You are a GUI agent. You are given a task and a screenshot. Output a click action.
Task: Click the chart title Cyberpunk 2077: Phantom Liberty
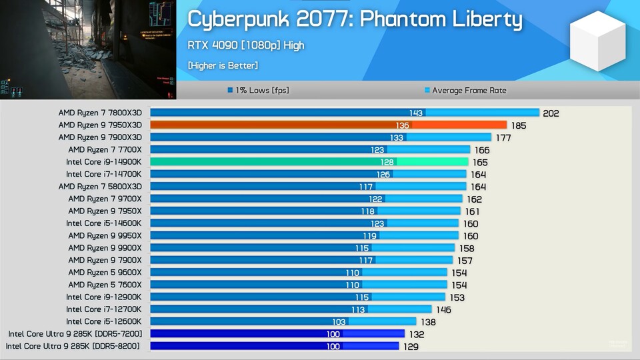(354, 19)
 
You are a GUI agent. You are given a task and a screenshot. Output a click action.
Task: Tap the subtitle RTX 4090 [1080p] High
(246, 45)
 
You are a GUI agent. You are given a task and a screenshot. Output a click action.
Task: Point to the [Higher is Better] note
(223, 65)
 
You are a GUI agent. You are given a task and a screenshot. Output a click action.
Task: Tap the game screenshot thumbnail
(87, 49)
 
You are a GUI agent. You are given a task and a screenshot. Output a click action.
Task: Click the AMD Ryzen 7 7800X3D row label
(100, 113)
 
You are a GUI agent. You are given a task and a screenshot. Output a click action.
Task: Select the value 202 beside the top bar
(551, 113)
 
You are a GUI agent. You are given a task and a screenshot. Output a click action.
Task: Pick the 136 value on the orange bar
(403, 125)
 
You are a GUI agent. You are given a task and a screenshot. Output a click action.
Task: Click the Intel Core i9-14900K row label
(103, 162)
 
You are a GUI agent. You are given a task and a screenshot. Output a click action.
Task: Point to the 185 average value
(518, 125)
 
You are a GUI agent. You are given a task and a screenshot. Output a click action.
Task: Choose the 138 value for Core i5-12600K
(428, 322)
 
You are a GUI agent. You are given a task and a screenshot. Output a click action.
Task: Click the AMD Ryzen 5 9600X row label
(105, 273)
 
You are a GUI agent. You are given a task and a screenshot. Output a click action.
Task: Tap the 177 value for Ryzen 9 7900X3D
(503, 138)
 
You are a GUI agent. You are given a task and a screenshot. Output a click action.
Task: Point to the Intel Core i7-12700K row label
(103, 309)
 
